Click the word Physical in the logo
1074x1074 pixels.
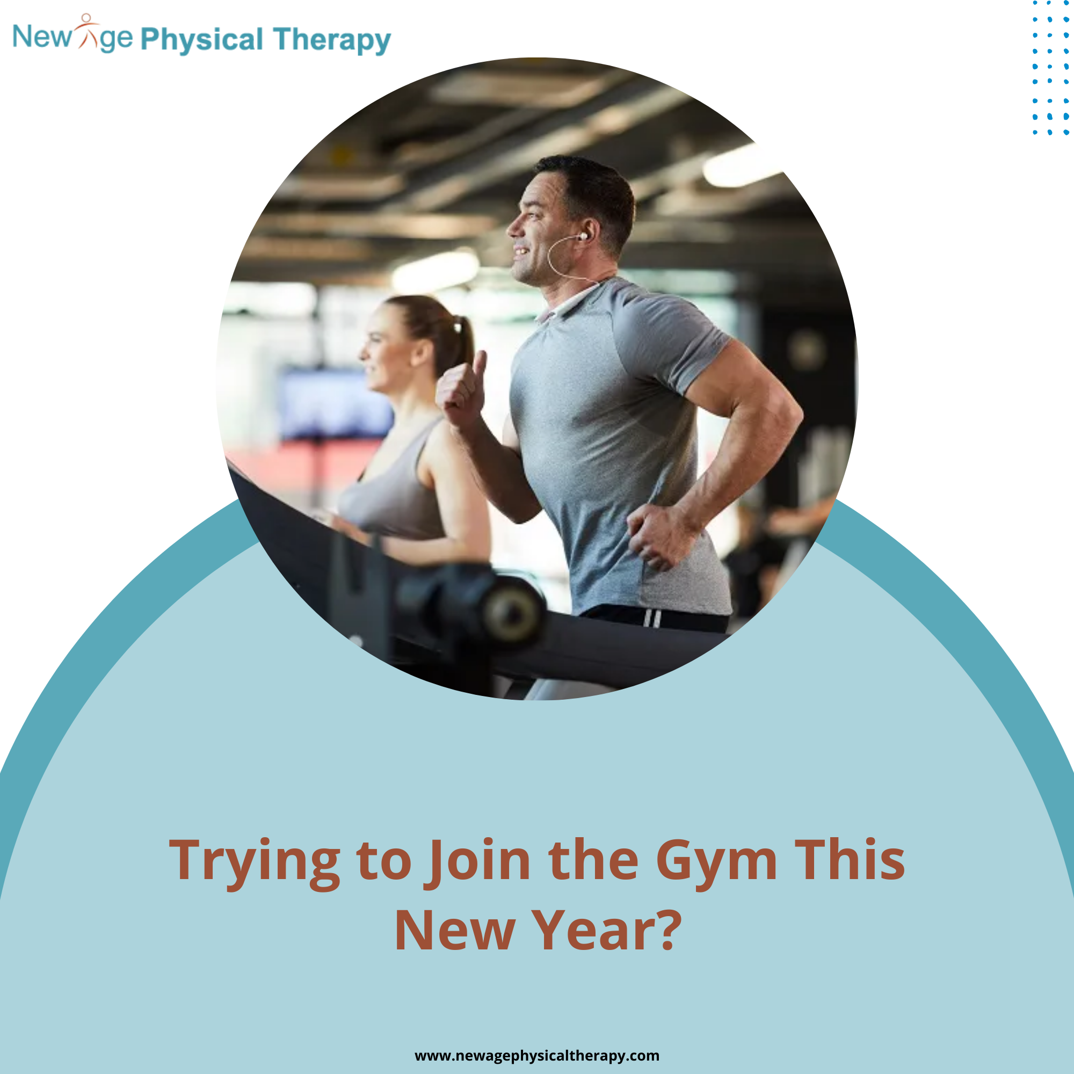click(x=202, y=40)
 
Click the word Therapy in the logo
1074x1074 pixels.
click(x=332, y=40)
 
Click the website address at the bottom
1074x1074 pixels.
click(x=537, y=1056)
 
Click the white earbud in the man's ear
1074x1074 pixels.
click(x=582, y=236)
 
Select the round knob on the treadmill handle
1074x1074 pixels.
click(x=512, y=612)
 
